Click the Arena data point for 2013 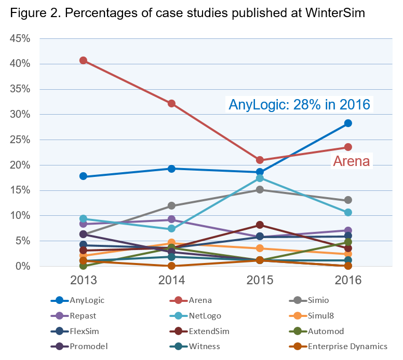click(83, 61)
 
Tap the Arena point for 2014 click(171, 104)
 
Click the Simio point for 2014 click(171, 206)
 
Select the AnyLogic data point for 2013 click(83, 176)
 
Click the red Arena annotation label click(351, 161)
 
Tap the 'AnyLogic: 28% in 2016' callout click(300, 104)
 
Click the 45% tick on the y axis click(20, 39)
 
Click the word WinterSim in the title click(331, 13)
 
